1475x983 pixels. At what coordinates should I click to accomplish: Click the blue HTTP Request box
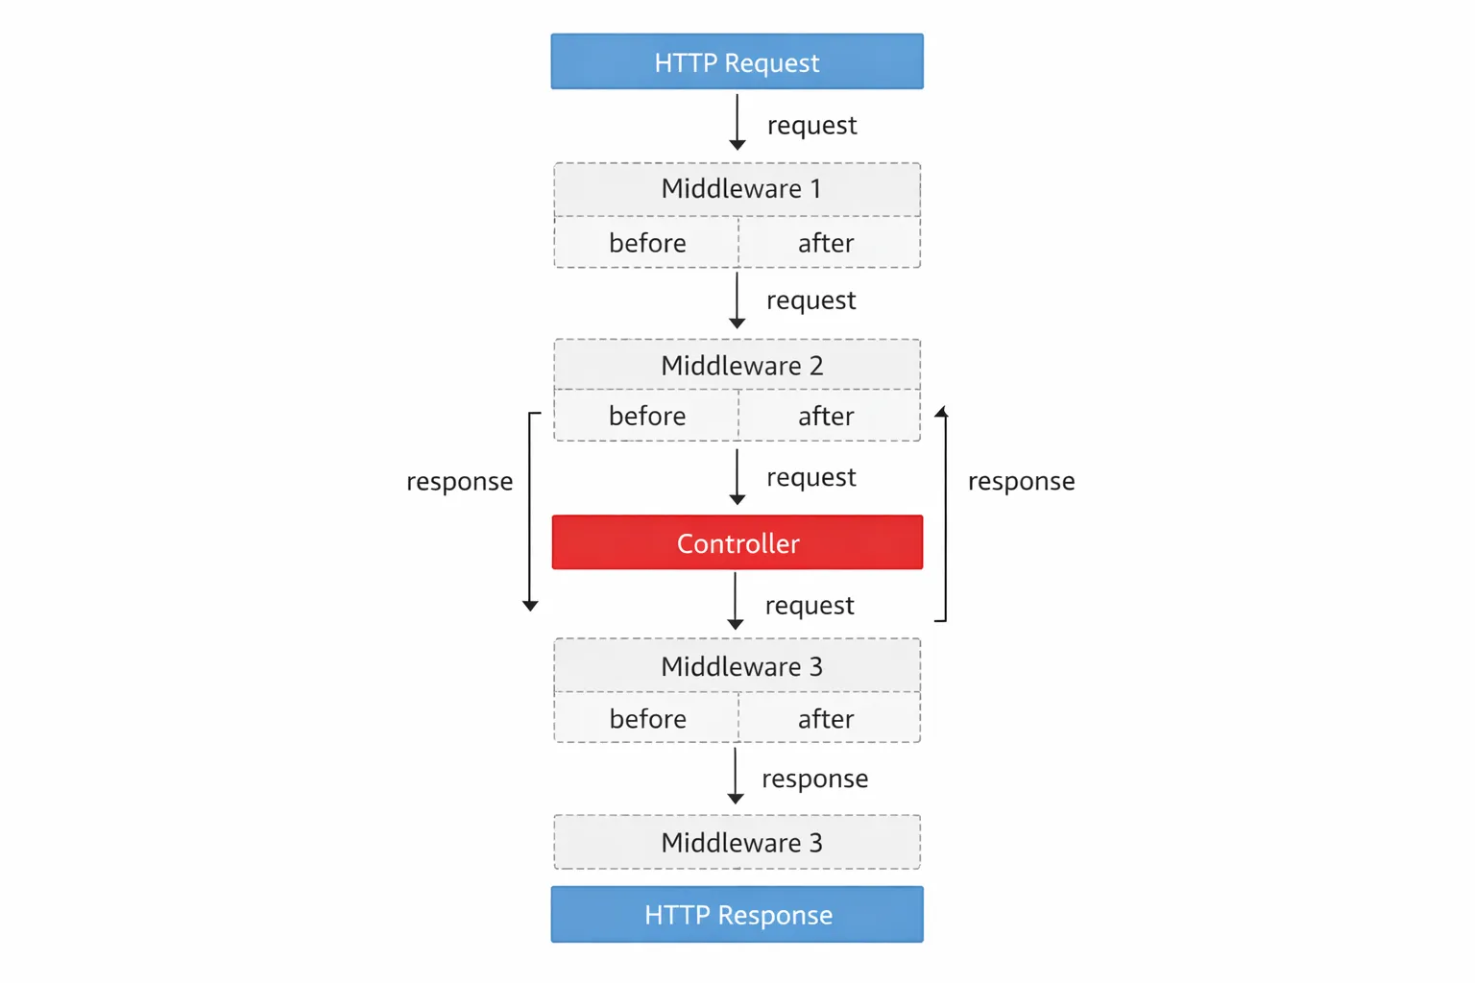[737, 62]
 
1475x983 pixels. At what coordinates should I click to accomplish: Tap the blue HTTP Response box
[737, 914]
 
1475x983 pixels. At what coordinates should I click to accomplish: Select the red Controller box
[737, 542]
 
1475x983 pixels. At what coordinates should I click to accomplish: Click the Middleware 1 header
[737, 189]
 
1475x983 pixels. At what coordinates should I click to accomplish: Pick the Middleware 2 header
[737, 365]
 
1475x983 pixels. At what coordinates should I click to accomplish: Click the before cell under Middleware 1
[646, 243]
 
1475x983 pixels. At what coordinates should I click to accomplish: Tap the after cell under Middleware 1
[826, 243]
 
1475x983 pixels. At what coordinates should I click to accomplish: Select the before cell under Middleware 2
[646, 416]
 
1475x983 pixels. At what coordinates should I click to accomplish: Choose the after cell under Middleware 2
[826, 416]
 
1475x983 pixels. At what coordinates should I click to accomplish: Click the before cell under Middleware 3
[646, 718]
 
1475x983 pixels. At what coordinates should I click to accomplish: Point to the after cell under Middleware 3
[826, 718]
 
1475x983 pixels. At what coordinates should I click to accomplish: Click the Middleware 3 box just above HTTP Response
[737, 842]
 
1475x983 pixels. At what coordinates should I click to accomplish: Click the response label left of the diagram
[459, 481]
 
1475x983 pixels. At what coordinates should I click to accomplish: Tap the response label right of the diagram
[1021, 481]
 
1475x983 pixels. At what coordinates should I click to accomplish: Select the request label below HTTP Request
[811, 126]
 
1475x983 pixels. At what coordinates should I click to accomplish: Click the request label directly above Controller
[810, 477]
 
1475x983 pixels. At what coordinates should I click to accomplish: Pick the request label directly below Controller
[810, 606]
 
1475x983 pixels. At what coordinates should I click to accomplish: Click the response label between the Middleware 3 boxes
[814, 779]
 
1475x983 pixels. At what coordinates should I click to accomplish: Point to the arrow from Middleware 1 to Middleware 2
[737, 300]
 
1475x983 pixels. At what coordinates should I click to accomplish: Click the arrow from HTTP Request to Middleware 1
[737, 122]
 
